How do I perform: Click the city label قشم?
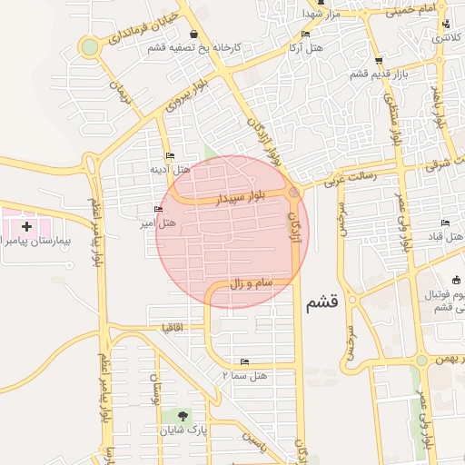(x=322, y=302)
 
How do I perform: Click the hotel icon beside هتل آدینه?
(x=170, y=155)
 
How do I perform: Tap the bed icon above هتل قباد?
(x=444, y=223)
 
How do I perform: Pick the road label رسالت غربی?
(x=337, y=181)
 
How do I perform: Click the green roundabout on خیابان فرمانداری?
(x=89, y=46)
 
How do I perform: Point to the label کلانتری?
(x=445, y=39)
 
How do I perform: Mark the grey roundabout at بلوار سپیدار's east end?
(x=293, y=193)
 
